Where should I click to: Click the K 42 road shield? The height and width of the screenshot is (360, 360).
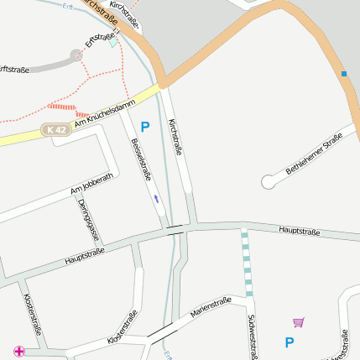point(56,129)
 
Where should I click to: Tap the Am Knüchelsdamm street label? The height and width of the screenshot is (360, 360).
point(105,115)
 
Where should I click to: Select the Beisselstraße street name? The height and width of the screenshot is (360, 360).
point(141,159)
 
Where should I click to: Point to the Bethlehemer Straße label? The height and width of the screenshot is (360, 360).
point(314,154)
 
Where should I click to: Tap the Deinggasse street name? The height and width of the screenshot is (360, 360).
point(84,220)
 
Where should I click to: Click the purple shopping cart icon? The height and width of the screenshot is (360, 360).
point(298,321)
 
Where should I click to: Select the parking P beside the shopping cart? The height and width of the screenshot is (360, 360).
point(290,342)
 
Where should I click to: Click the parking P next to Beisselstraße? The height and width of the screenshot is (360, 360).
point(144,127)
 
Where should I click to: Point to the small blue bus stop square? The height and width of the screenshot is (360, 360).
point(343,74)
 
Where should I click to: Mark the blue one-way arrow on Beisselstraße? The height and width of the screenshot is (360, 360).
point(155,199)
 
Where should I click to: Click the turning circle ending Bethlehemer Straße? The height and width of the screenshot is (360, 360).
point(269,180)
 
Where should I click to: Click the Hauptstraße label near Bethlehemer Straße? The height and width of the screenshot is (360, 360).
point(299,229)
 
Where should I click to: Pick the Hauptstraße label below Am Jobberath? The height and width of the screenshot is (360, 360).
point(84,257)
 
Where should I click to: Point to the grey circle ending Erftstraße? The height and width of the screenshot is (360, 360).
point(76,55)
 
